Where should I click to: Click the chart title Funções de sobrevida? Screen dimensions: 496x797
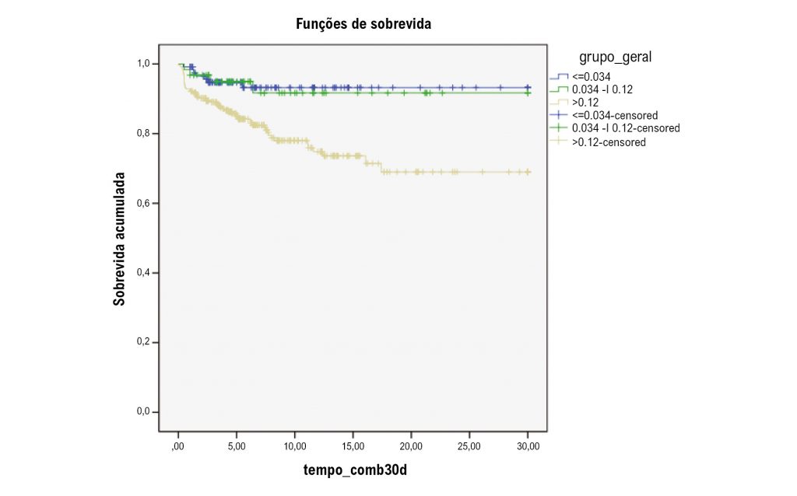click(363, 24)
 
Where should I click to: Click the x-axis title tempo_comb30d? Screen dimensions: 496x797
click(354, 470)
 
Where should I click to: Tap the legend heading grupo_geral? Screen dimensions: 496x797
click(615, 57)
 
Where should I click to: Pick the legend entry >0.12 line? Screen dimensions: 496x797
click(586, 102)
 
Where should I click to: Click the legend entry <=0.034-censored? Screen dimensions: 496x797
click(614, 115)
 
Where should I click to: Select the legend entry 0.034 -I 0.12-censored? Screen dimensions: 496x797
click(625, 127)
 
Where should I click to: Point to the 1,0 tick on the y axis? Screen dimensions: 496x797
click(144, 64)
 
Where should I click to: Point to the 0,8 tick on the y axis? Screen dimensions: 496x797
click(144, 134)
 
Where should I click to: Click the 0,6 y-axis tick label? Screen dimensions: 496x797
click(144, 204)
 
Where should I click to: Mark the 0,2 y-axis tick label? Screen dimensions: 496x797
click(144, 342)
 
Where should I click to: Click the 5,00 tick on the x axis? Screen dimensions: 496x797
click(237, 446)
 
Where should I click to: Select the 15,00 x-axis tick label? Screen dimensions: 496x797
click(353, 446)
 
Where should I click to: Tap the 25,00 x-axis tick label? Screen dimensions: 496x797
click(469, 446)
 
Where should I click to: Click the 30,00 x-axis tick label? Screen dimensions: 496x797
click(528, 446)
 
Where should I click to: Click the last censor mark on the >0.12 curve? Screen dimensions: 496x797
click(528, 172)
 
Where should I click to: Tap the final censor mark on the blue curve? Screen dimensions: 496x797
click(528, 88)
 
